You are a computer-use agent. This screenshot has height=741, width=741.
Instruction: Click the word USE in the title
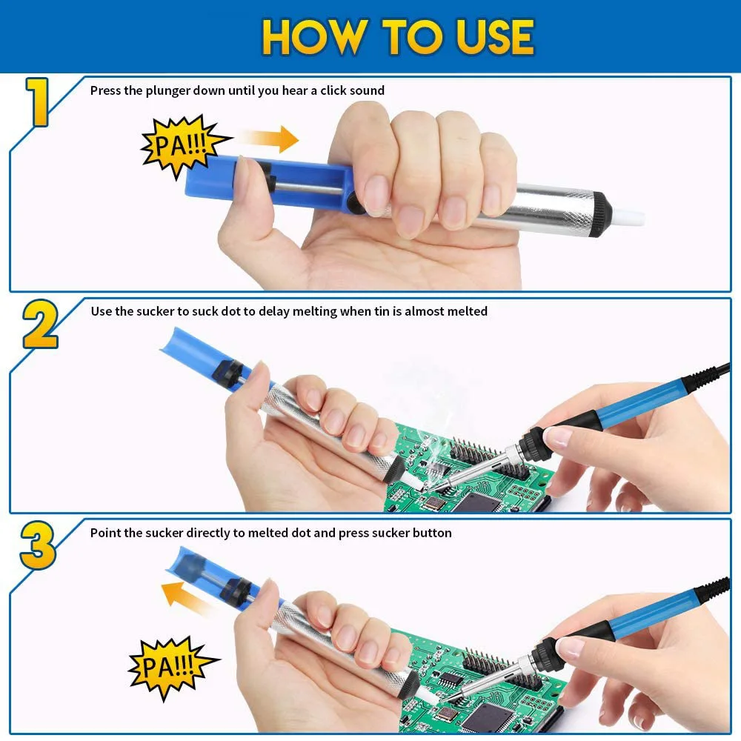coord(495,37)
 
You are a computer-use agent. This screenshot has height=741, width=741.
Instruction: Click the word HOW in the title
coord(316,37)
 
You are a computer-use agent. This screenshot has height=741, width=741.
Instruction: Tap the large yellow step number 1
coord(37,102)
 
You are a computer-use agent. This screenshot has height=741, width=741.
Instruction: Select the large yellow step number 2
coord(40,325)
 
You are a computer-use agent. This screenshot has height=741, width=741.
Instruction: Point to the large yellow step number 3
coord(38,545)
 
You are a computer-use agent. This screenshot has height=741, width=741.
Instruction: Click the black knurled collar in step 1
coord(600,213)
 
